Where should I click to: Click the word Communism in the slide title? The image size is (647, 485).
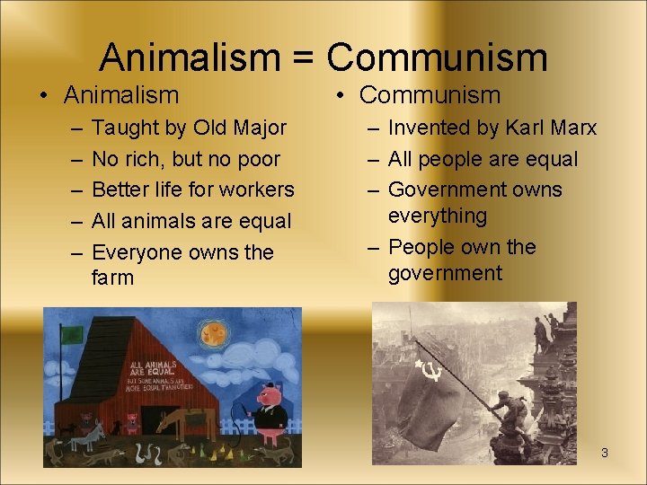coord(437,57)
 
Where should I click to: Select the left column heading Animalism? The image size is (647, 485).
coord(121,94)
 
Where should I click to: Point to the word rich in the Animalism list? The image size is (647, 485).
coord(146,160)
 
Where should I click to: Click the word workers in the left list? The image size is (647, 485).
coord(254,190)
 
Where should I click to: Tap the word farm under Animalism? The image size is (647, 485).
coord(112,278)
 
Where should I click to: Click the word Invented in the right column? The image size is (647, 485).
coord(430,128)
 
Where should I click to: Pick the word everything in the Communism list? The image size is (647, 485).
coord(437,216)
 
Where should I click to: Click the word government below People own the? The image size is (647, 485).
coord(445,274)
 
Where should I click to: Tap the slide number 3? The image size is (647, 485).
coord(605,453)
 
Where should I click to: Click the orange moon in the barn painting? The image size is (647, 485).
coord(214,336)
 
